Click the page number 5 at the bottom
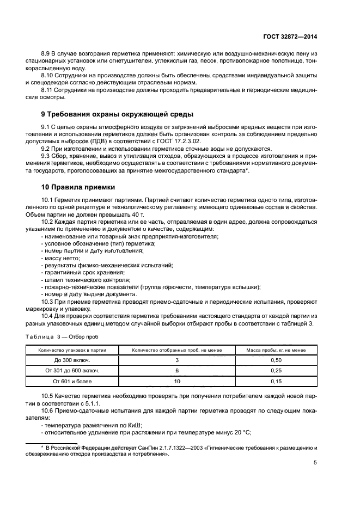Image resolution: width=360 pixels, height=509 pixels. (x=315, y=463)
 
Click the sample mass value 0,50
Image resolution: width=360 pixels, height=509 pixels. (x=276, y=360)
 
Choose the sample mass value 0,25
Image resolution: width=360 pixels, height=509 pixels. (x=276, y=370)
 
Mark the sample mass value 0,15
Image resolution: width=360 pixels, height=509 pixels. (x=276, y=381)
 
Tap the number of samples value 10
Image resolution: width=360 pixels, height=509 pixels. (x=177, y=381)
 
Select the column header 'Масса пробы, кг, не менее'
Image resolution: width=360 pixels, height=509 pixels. (x=276, y=350)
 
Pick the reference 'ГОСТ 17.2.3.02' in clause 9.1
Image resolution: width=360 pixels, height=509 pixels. (x=164, y=141)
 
